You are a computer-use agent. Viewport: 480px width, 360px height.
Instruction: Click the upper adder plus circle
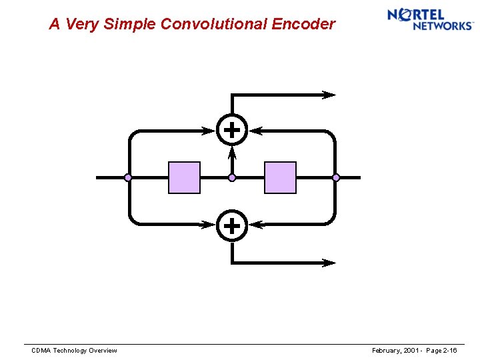point(231,131)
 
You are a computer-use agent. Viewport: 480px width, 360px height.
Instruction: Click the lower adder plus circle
point(231,225)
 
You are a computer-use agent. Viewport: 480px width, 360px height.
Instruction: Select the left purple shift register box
point(184,177)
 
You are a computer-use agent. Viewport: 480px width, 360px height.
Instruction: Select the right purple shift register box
point(280,177)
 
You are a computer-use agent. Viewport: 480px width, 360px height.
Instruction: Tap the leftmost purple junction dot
point(128,177)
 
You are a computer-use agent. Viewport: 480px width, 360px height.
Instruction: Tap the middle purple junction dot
point(232,177)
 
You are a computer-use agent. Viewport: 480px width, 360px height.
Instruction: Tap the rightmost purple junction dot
point(336,177)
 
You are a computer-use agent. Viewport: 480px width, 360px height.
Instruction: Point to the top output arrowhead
point(329,95)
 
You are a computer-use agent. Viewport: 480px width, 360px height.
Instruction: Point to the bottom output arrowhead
point(329,263)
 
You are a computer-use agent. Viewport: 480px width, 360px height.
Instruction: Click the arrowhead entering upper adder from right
point(256,131)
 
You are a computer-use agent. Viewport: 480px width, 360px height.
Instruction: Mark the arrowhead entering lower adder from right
point(256,225)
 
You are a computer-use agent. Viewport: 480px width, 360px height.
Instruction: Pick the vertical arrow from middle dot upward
point(232,159)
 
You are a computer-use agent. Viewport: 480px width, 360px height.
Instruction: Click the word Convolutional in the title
point(214,25)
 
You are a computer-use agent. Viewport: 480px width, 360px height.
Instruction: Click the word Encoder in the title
point(304,25)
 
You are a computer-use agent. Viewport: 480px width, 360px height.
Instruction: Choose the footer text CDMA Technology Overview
point(75,351)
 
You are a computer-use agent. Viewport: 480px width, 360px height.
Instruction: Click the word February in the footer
point(387,351)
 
